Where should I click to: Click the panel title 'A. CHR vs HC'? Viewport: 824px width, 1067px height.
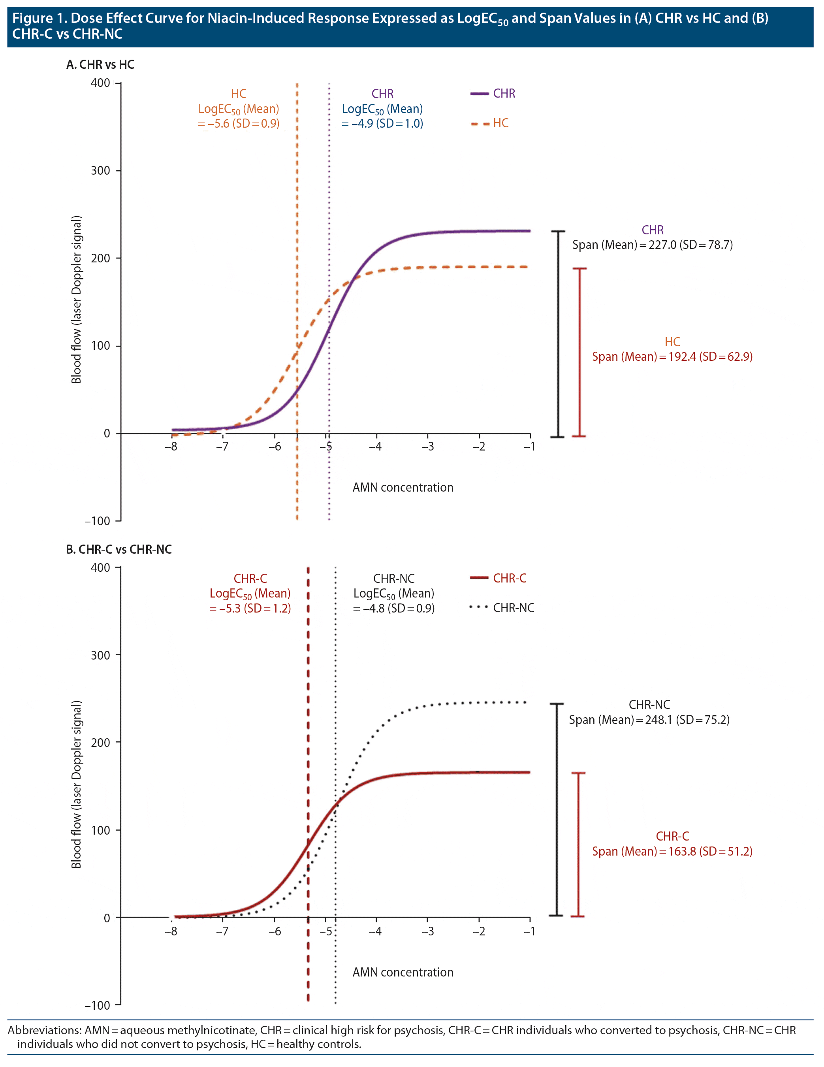click(x=100, y=64)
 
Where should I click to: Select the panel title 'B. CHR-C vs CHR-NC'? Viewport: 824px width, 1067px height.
click(x=119, y=549)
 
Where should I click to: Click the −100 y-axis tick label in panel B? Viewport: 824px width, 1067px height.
click(x=98, y=1005)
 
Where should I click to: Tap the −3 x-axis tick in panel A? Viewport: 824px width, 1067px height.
click(x=428, y=447)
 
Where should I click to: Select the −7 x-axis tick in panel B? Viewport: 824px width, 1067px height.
click(x=223, y=931)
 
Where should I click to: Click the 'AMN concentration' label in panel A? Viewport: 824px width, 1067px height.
click(x=403, y=487)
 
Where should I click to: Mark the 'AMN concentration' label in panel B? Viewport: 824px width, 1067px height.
click(x=403, y=972)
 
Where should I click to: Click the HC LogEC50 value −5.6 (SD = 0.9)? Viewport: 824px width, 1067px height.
click(x=239, y=124)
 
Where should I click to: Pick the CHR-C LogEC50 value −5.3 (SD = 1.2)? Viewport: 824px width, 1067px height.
click(x=250, y=608)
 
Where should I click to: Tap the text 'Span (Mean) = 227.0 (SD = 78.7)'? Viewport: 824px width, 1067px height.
click(x=653, y=245)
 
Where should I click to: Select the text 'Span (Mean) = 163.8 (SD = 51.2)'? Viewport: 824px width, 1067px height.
click(x=672, y=851)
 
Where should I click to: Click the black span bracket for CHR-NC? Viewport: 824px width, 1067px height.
click(x=557, y=809)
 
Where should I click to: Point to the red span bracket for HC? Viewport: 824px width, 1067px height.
click(x=579, y=352)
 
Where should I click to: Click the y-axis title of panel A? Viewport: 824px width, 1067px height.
click(x=77, y=300)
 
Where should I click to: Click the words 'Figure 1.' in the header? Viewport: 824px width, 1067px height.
click(x=40, y=19)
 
